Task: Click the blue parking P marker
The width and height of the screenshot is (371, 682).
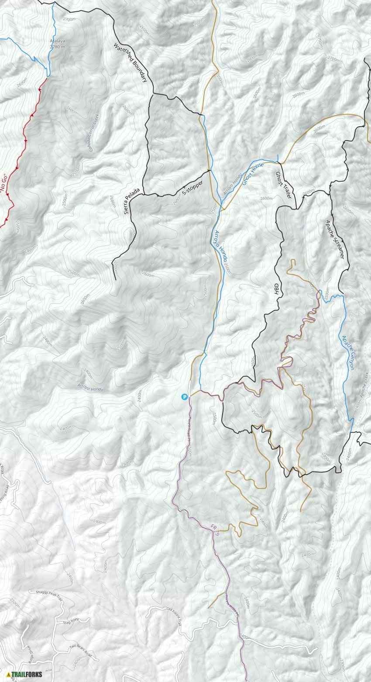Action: (x=185, y=397)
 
